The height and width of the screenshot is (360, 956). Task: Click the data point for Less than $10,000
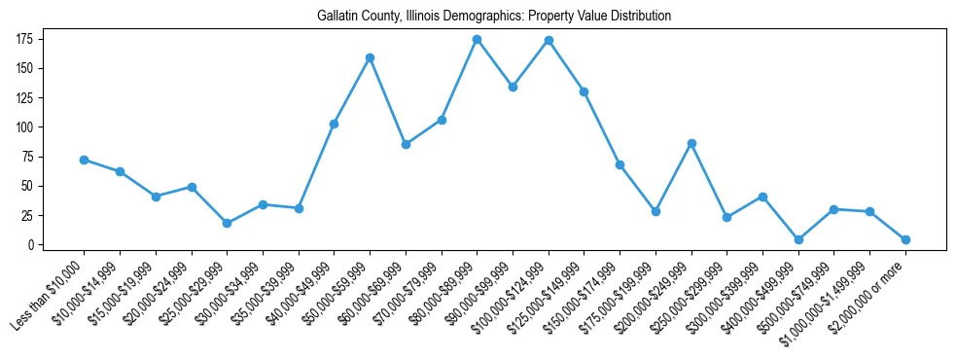84,160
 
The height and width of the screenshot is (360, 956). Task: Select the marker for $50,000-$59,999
370,57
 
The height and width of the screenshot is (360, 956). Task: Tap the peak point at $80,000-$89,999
477,40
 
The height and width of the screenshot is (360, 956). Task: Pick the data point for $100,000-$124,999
549,41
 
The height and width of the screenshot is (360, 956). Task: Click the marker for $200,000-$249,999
691,143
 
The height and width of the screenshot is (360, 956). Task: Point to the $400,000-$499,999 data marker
798,239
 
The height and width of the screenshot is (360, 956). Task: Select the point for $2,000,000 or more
905,239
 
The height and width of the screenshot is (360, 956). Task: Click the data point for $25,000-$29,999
227,223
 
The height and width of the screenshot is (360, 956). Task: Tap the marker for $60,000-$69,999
406,144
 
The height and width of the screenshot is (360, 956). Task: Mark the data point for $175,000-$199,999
655,211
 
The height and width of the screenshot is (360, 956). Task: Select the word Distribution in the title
640,17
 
